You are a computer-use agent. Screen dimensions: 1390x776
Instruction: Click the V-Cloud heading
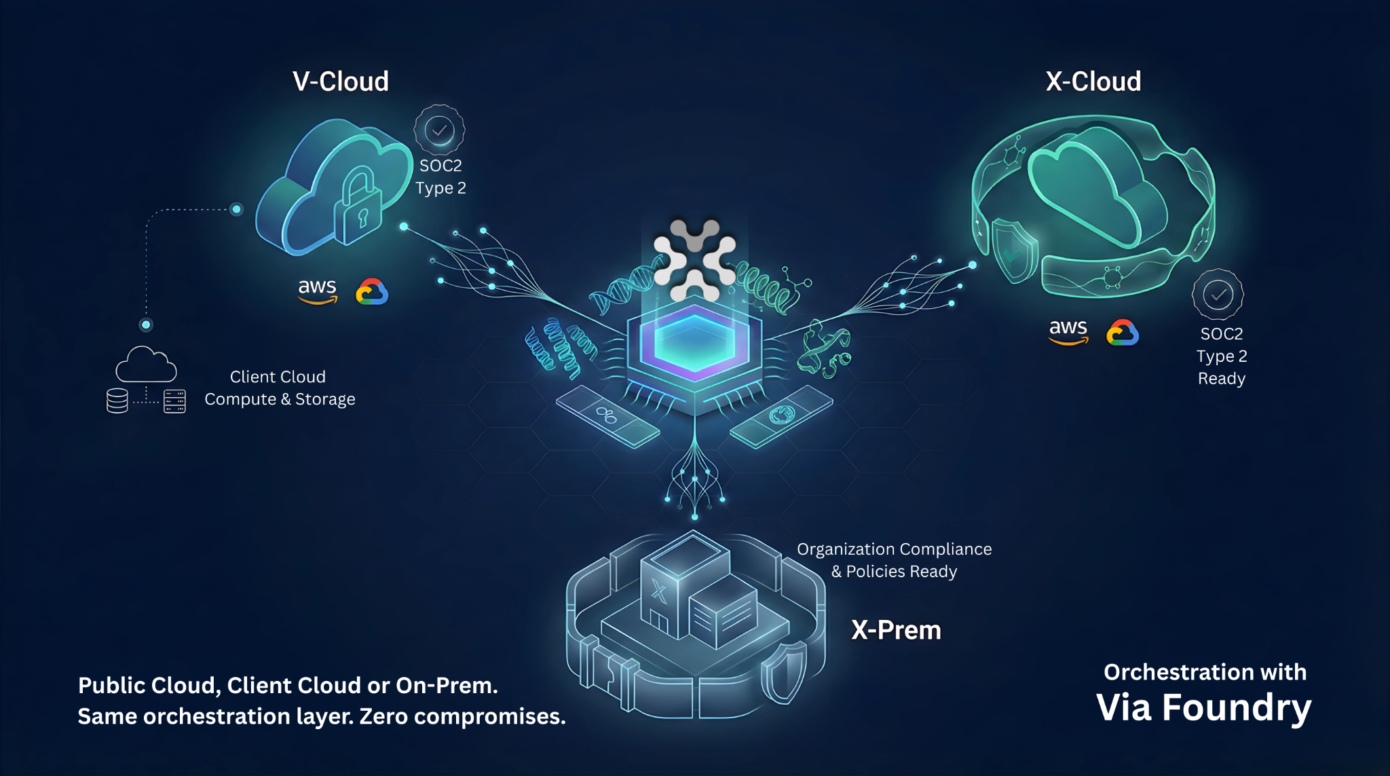(x=341, y=81)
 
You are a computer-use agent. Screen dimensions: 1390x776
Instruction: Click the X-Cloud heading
(x=1093, y=81)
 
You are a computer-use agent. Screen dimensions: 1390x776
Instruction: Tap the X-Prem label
(x=896, y=630)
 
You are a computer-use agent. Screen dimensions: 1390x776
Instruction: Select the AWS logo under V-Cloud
(x=318, y=291)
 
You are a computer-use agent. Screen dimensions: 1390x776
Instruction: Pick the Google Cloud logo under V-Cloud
(x=372, y=292)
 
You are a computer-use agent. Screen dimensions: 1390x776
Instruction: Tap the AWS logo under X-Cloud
(x=1068, y=331)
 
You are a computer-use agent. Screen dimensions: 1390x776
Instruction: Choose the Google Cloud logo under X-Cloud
(x=1123, y=333)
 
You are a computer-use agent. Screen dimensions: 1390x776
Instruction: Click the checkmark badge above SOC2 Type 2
(x=440, y=129)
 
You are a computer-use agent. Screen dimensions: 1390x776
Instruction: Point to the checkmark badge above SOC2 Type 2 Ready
(x=1218, y=295)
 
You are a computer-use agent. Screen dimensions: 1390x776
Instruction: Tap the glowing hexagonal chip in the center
(x=694, y=343)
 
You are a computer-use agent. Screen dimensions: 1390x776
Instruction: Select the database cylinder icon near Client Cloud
(x=117, y=401)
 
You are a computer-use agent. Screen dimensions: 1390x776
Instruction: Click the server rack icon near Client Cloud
(x=174, y=401)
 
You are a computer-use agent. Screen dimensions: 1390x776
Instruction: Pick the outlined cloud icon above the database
(x=146, y=365)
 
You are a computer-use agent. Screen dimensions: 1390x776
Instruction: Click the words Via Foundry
(x=1203, y=707)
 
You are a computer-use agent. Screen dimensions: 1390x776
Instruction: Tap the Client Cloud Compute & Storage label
(x=279, y=388)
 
